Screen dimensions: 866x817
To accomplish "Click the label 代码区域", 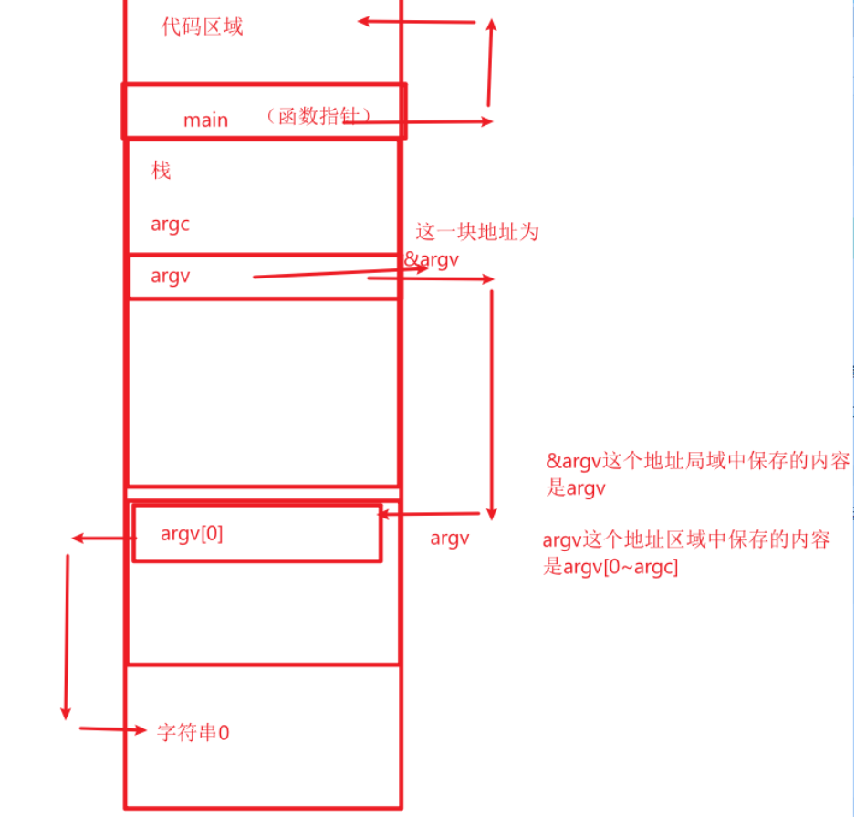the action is [x=202, y=26].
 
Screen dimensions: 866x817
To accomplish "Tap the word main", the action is [x=205, y=120].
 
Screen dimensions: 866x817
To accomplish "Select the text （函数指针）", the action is [x=318, y=117].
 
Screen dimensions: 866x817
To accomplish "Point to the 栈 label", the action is [x=162, y=171].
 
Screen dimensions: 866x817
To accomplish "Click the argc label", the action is [x=171, y=224].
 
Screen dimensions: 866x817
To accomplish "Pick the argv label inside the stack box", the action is [x=171, y=276].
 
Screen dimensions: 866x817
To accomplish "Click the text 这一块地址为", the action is [x=477, y=232].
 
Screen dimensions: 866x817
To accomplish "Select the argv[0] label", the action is [x=192, y=534].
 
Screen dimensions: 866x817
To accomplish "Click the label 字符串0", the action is [x=193, y=732].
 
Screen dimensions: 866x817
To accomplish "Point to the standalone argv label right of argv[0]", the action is [x=450, y=539].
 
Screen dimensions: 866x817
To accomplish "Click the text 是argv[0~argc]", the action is [x=611, y=567].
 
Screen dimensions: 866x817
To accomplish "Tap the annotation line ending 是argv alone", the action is [x=575, y=488].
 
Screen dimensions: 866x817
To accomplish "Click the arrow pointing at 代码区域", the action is [x=416, y=21].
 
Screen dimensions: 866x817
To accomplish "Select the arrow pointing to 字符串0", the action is [x=113, y=729].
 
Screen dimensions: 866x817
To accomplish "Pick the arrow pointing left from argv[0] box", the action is [x=102, y=539].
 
